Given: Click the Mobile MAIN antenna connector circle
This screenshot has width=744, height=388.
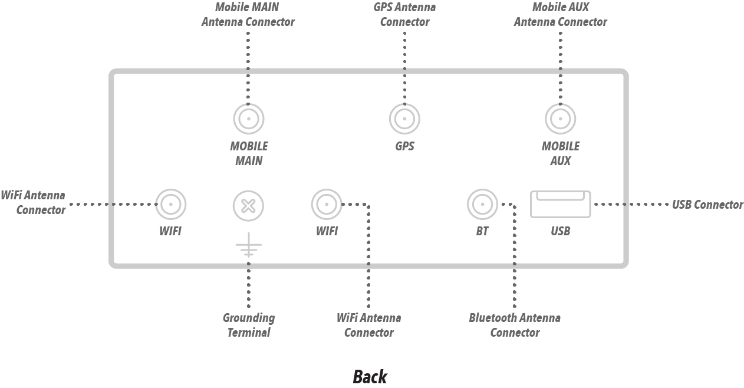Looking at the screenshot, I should click(248, 119).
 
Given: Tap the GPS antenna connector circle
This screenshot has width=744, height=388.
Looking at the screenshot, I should click(404, 119).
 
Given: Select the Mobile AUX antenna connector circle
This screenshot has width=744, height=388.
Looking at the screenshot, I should click(560, 119).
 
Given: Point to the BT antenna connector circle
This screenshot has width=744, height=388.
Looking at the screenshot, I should click(482, 205).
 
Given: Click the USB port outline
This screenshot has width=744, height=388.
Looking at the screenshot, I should click(560, 204).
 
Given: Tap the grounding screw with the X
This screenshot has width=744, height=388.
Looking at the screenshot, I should click(248, 205).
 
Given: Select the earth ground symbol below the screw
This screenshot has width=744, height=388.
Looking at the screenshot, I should click(248, 246).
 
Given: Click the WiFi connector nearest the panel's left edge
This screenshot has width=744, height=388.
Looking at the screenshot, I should click(170, 205).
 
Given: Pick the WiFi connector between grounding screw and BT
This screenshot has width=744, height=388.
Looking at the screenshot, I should click(327, 205).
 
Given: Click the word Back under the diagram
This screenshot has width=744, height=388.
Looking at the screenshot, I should click(370, 376).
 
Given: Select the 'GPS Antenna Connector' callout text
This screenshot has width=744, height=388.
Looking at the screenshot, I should click(404, 15).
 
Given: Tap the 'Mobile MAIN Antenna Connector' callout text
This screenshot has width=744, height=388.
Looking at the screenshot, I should click(248, 15).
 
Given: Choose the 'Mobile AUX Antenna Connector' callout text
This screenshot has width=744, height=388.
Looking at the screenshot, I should click(560, 15).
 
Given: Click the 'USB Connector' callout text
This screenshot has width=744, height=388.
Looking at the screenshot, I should click(707, 205).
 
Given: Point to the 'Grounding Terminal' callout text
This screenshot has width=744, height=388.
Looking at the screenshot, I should click(248, 325).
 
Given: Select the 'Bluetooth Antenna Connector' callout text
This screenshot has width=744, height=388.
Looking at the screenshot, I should click(515, 325).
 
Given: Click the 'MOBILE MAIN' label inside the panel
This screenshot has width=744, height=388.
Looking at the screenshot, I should click(248, 153).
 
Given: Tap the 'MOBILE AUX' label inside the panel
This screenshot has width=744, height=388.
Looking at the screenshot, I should click(560, 153).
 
